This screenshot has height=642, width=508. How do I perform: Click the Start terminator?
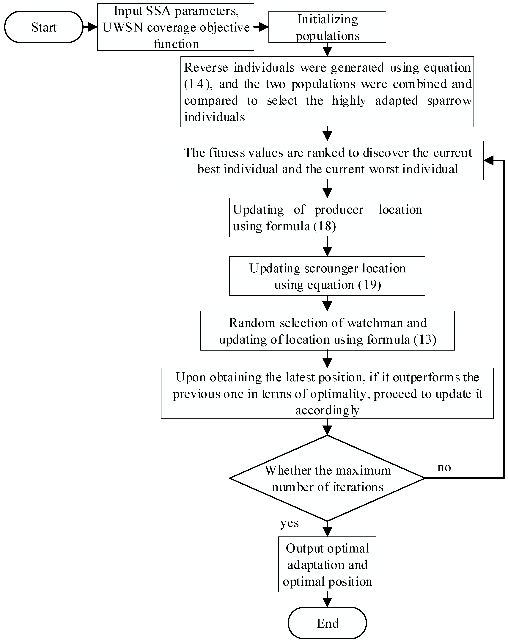[44, 27]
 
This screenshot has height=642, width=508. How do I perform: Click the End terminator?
[327, 623]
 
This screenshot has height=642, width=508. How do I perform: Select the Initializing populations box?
[327, 27]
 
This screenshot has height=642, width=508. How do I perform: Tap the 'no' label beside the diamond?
[444, 467]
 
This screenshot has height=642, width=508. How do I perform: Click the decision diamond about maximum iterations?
[327, 478]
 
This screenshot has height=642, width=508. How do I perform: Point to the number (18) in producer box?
[325, 226]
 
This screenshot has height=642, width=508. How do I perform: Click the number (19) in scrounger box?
[369, 285]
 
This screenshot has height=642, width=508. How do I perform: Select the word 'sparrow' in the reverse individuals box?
[449, 101]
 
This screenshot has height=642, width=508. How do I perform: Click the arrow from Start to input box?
[90, 27]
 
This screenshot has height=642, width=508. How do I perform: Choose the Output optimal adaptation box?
[327, 564]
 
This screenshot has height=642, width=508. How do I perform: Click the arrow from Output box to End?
[327, 600]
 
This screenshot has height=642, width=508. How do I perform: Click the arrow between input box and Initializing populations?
[261, 27]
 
